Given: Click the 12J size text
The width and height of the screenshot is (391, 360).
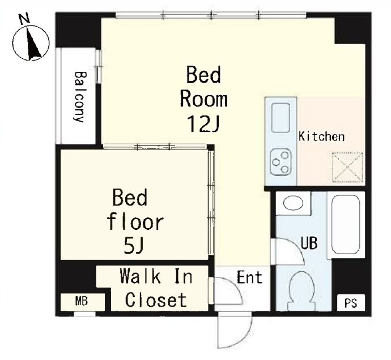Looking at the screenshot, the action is tap(203, 124).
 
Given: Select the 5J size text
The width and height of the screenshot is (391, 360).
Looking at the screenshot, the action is tap(133, 246).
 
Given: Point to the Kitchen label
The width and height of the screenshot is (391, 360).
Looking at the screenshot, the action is tap(321, 136).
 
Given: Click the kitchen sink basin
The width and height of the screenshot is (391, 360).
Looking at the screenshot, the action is tap(280, 117).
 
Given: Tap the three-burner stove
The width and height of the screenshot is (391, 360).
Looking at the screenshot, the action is tap(280, 162).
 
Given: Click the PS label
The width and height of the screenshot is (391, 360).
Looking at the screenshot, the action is tap(351, 303).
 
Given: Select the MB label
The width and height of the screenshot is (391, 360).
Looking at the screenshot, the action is tap(82, 302).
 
